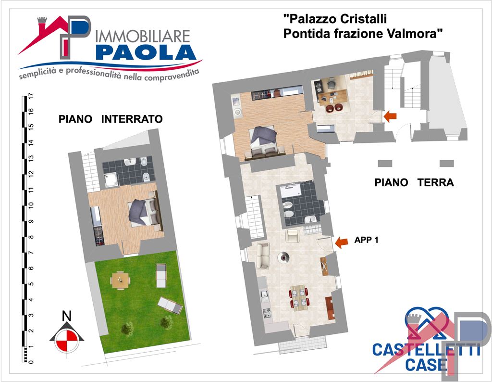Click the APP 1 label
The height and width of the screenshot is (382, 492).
pos(367,241)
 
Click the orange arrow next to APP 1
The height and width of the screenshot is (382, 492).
pos(341,243)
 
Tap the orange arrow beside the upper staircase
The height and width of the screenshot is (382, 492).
pos(390,116)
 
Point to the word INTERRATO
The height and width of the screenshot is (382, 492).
pos(132,119)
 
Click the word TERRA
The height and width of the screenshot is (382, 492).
pos(436,183)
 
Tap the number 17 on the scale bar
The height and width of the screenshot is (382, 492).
pos(31,96)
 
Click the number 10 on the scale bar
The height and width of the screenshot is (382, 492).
pos(31,205)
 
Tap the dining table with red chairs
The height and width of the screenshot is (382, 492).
pos(299,297)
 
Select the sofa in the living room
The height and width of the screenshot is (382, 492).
pos(262,255)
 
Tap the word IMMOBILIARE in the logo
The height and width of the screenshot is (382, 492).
pos(143,36)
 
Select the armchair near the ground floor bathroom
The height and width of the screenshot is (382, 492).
pos(293,236)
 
